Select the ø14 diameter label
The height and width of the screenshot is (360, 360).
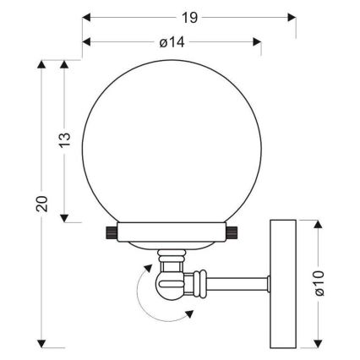(171, 33)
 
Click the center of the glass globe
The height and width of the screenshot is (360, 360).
(172, 139)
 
